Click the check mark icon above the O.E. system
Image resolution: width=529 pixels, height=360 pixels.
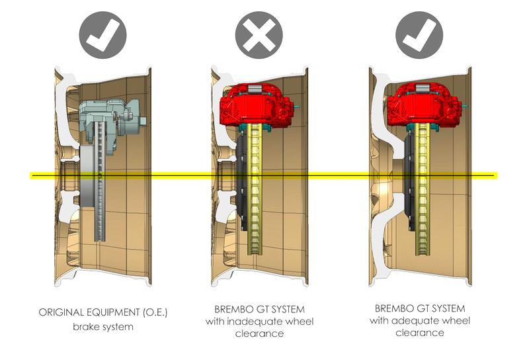tap(103, 35)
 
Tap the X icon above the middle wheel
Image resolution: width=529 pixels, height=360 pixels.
tap(259, 35)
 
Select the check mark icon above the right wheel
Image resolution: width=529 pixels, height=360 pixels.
tap(419, 35)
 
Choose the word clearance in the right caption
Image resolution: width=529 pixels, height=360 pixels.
tap(420, 333)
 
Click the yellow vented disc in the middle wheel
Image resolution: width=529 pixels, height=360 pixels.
tap(255, 189)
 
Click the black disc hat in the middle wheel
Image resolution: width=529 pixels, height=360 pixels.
tap(242, 183)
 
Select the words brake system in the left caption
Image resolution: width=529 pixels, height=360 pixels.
tap(103, 327)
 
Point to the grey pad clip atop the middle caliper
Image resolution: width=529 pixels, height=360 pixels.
tap(255, 89)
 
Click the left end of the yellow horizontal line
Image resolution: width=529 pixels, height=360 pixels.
tap(30, 175)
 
